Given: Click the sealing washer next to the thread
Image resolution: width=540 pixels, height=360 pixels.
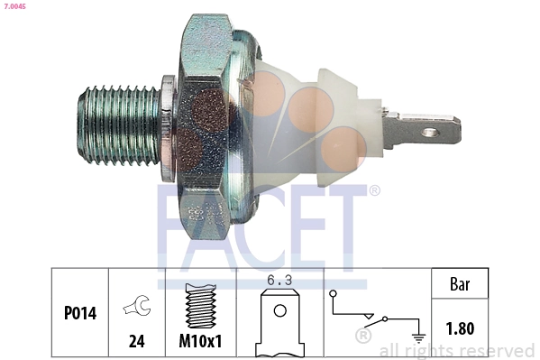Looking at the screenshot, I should pos(166,125).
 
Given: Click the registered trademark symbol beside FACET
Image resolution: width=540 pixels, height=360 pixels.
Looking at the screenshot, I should pos(374,190).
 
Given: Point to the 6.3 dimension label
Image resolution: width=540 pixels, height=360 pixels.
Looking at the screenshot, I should pos(280,281).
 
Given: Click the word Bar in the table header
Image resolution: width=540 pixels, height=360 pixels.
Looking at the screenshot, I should pos(460,283).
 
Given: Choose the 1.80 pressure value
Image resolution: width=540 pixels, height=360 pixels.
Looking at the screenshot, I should pos(460,328).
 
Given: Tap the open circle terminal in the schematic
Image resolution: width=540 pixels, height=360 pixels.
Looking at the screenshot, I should pos(334,294).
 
